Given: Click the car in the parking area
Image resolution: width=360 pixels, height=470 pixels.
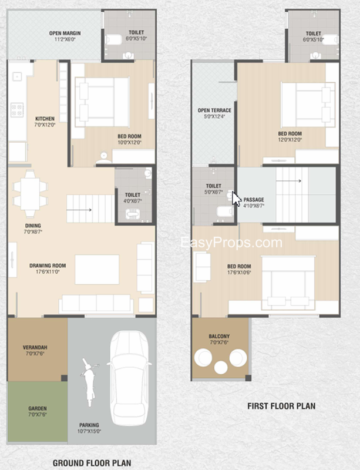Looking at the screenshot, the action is coord(129,378).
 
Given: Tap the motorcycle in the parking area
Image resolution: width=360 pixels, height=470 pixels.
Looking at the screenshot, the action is coord(89,382).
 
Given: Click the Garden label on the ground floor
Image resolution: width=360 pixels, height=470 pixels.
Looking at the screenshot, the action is coord(38,408).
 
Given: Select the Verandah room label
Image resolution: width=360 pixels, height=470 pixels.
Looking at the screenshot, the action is coord(35,347).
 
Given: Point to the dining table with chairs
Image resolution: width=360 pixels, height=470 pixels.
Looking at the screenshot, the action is coord(30,194).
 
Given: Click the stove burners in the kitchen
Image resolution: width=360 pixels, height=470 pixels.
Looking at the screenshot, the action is coord(17,110).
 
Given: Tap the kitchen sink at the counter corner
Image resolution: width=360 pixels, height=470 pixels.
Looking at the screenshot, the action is coord(17,77).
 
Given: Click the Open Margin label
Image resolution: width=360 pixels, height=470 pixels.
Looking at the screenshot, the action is coord(65,33).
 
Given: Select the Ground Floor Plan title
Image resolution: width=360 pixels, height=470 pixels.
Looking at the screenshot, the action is coord(92,463).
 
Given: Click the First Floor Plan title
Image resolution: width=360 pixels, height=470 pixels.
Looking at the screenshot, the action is coord(281,406).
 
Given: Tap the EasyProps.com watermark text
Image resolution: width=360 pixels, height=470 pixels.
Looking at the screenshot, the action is coord(231,242).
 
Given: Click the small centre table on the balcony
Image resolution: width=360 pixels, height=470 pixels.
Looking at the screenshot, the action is coord(221,368).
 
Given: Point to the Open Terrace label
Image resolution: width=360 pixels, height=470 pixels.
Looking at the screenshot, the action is coord(214,110).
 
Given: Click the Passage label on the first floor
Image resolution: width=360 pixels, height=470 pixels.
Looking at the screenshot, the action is coord(254,200).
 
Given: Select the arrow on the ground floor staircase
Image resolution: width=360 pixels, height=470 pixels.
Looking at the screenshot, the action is coord(79,210).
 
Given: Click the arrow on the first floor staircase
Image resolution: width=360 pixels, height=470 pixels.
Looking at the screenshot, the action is coord(289,181).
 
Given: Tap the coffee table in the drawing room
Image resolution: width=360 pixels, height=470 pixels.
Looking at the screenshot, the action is coord(97,270).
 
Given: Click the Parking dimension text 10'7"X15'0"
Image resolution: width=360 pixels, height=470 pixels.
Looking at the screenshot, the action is coord(89,431).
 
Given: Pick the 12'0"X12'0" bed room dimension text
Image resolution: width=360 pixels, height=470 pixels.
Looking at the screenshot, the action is coord(290,140).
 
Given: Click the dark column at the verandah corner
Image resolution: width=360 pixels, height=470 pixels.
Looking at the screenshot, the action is coord(64,378).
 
